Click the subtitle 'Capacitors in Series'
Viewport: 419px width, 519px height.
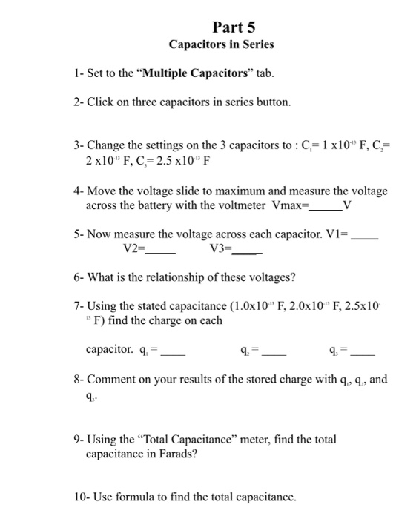tap(221, 44)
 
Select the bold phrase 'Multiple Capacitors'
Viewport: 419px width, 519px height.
tap(189, 73)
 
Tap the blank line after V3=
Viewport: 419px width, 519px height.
tap(248, 251)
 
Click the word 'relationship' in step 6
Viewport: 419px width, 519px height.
tap(176, 277)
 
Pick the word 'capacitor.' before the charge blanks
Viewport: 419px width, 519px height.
tap(110, 348)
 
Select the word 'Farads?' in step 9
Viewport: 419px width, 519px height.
tap(178, 454)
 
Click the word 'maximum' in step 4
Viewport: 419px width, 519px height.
tap(233, 191)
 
